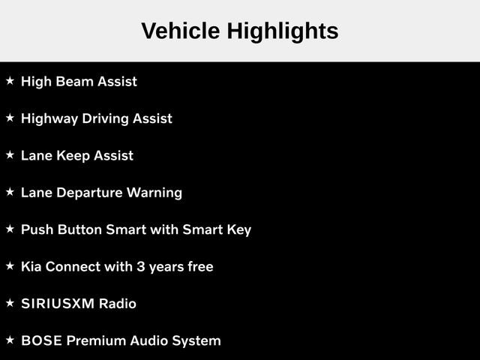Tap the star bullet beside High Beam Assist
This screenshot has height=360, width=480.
tap(10, 81)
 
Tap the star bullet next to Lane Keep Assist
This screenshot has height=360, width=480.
tap(10, 155)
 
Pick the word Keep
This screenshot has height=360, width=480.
tap(73, 156)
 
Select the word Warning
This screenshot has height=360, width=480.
tap(154, 193)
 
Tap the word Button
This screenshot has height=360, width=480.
tap(79, 229)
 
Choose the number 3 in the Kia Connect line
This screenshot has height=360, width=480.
tap(141, 267)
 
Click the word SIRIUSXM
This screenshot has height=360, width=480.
tap(58, 304)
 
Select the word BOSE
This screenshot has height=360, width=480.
tap(42, 341)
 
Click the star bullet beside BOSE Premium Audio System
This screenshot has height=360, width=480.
tap(10, 340)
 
